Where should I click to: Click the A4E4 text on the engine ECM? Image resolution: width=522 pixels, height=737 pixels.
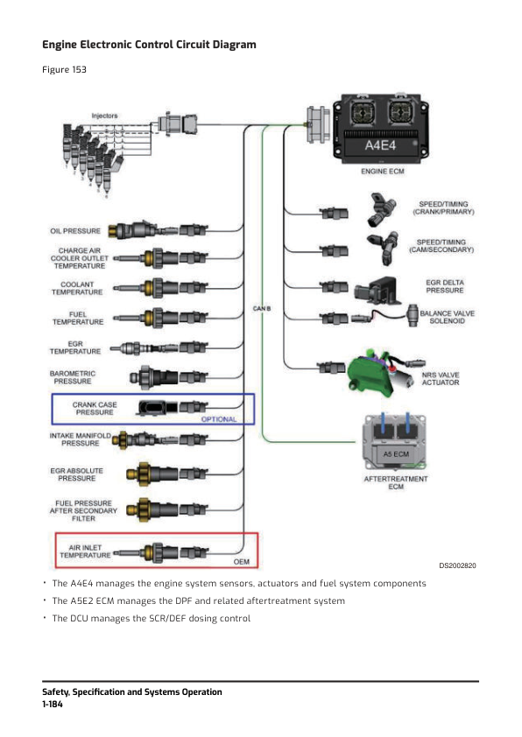pos(380,145)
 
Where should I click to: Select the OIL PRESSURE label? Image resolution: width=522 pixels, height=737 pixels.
pos(75,231)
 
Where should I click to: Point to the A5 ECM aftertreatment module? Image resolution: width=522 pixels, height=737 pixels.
pos(395,441)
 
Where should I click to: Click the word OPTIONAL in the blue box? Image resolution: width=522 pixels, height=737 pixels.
pos(219,419)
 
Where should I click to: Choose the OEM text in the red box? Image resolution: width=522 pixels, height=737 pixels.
pos(241,562)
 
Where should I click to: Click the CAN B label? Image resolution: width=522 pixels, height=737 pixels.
pos(262,308)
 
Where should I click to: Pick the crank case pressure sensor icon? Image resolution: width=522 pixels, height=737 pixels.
pos(157,408)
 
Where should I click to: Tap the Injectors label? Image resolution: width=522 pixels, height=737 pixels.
pos(104,116)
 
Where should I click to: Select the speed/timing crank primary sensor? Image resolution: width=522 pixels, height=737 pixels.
pos(381,209)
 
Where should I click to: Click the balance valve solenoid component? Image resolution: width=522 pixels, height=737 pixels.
pos(413,315)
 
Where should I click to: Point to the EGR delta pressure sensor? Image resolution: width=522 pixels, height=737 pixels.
pos(377,290)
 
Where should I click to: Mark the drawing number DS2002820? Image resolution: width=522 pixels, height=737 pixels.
pos(457,565)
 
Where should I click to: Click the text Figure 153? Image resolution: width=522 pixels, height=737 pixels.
pos(64,69)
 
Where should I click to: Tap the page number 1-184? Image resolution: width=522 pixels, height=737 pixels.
pos(53,704)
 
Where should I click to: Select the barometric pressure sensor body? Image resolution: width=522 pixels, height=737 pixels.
pos(154,377)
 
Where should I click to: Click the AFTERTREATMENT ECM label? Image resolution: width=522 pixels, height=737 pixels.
pos(396,482)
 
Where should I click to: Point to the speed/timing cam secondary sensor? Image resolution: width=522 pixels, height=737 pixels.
pos(383,248)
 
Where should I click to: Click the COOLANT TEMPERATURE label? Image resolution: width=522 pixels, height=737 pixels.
pos(77,288)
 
